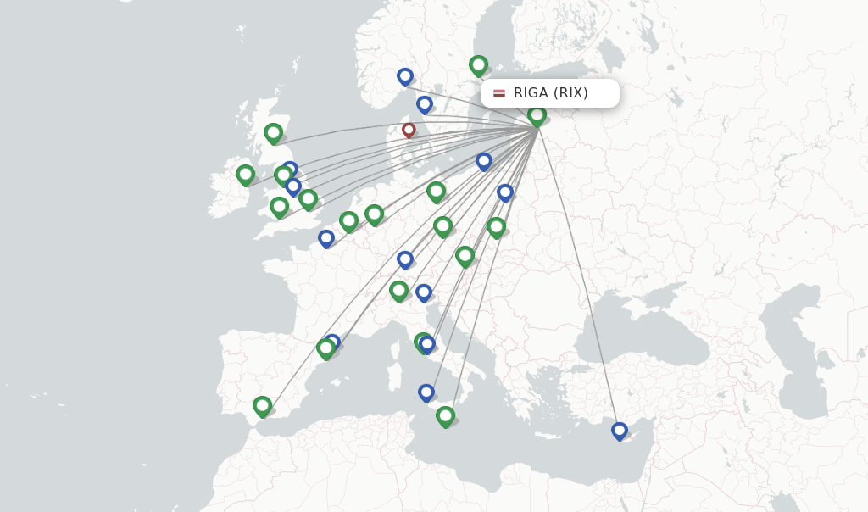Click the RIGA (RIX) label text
[x=550, y=93]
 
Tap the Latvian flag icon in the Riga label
[x=499, y=93]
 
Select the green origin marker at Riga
[x=537, y=115]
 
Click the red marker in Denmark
[x=409, y=131]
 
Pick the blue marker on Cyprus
[x=620, y=431]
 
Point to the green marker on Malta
[x=445, y=415]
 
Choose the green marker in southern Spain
[x=263, y=406]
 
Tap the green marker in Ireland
[x=245, y=175]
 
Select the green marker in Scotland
[x=273, y=133]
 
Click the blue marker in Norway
[x=405, y=76]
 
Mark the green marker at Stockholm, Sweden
[x=478, y=64]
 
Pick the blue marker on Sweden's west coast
[x=425, y=104]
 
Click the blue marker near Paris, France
[x=326, y=238]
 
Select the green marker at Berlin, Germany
[x=436, y=192]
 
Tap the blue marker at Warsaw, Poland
[x=505, y=192]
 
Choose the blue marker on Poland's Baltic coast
[x=484, y=160]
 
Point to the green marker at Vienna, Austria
[x=465, y=255]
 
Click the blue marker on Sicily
[x=426, y=392]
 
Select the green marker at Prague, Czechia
[x=442, y=225]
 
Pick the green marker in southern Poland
[x=497, y=226]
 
